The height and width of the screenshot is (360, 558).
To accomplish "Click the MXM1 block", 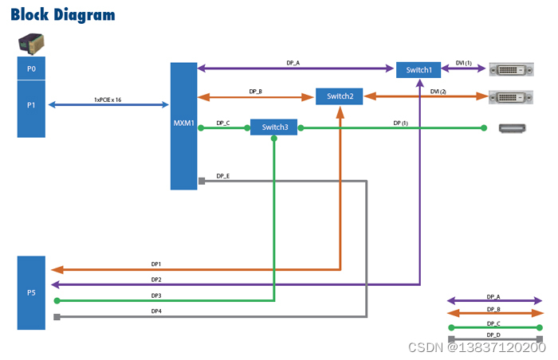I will click(x=183, y=126).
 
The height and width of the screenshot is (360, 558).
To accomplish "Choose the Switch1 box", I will click(x=418, y=69).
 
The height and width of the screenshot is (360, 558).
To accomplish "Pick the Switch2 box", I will click(x=340, y=96).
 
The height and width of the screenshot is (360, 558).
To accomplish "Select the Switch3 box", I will click(x=274, y=127).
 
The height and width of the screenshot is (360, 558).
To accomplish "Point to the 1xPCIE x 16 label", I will click(x=108, y=100).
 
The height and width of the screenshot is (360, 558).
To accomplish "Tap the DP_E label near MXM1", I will click(x=223, y=175).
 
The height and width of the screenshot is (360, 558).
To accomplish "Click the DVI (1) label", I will click(x=462, y=64).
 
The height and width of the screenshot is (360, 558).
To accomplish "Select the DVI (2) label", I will click(x=438, y=91).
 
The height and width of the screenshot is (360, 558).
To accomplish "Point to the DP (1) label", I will click(x=400, y=123).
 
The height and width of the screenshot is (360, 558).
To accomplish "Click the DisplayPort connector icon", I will click(x=510, y=127).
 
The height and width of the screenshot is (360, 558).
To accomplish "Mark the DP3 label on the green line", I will click(x=156, y=295).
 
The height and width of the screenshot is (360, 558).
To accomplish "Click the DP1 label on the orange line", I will click(x=156, y=264).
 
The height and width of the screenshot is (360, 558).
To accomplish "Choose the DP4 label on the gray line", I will click(x=156, y=311).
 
